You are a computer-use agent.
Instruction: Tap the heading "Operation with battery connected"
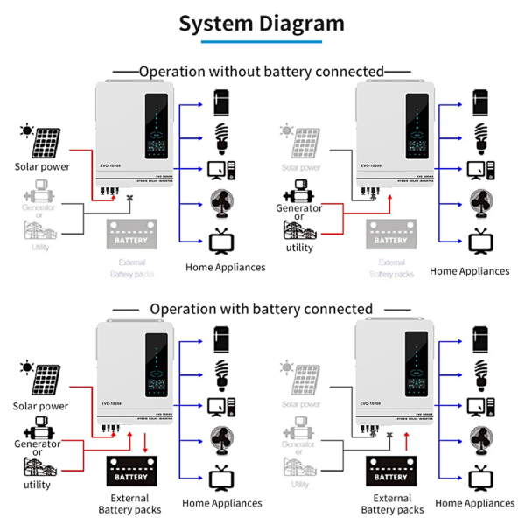(261, 309)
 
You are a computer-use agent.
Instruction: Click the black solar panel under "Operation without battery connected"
(43, 143)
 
